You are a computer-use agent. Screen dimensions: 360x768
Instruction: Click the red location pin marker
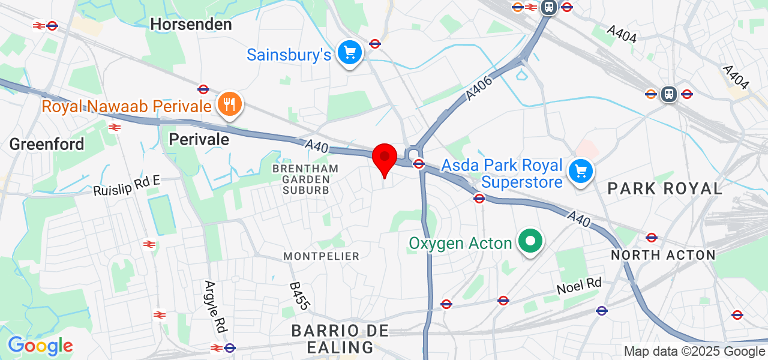coord(384,159)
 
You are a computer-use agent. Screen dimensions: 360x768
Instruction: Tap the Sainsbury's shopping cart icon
coord(350,53)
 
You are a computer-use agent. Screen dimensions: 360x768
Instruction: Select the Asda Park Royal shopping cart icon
coord(580,172)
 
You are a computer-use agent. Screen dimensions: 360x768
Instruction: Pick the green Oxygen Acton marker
coord(530,242)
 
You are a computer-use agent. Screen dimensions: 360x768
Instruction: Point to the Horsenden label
coord(191,25)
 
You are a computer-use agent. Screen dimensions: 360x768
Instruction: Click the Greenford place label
coord(47,144)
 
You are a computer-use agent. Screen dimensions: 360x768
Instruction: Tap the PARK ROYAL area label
coord(665,188)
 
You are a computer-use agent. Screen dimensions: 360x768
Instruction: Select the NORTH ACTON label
coord(663,255)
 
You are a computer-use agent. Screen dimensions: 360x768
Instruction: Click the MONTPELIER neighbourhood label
coord(322,256)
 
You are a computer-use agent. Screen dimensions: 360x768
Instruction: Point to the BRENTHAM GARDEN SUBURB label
coord(305,179)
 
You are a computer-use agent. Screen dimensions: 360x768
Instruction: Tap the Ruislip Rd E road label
coord(127,186)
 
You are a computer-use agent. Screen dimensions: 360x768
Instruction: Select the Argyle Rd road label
coord(212,307)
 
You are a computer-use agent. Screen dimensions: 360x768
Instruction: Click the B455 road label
coord(299,296)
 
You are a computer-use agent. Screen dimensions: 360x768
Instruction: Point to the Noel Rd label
coord(578,286)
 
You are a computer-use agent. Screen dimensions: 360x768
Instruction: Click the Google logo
coord(40,346)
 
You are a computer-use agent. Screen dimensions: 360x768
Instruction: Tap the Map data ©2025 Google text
coord(694,352)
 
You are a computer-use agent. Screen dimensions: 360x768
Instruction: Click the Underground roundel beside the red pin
coord(419,163)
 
